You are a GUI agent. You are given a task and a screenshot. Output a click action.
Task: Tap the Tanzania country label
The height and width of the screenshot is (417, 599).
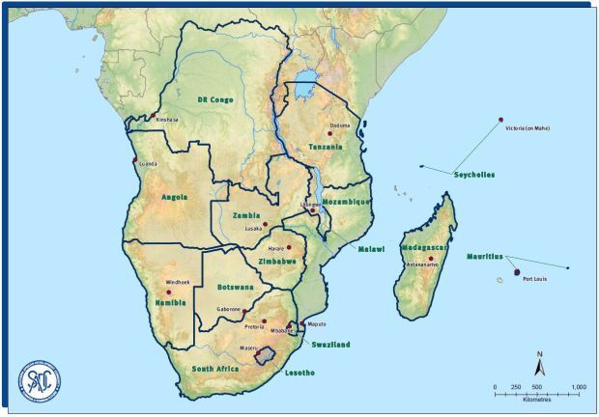point(325,147)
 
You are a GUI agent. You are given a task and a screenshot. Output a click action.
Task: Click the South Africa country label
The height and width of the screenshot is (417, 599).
point(214,369)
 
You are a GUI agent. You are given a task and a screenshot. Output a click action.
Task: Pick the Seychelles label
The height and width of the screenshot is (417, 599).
point(473,175)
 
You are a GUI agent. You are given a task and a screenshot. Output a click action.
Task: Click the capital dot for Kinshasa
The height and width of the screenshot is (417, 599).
point(153,116)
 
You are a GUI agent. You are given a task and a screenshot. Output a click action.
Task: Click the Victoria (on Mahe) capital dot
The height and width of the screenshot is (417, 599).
point(500,120)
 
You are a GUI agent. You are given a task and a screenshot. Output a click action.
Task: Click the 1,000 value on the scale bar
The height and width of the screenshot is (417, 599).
point(578,387)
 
